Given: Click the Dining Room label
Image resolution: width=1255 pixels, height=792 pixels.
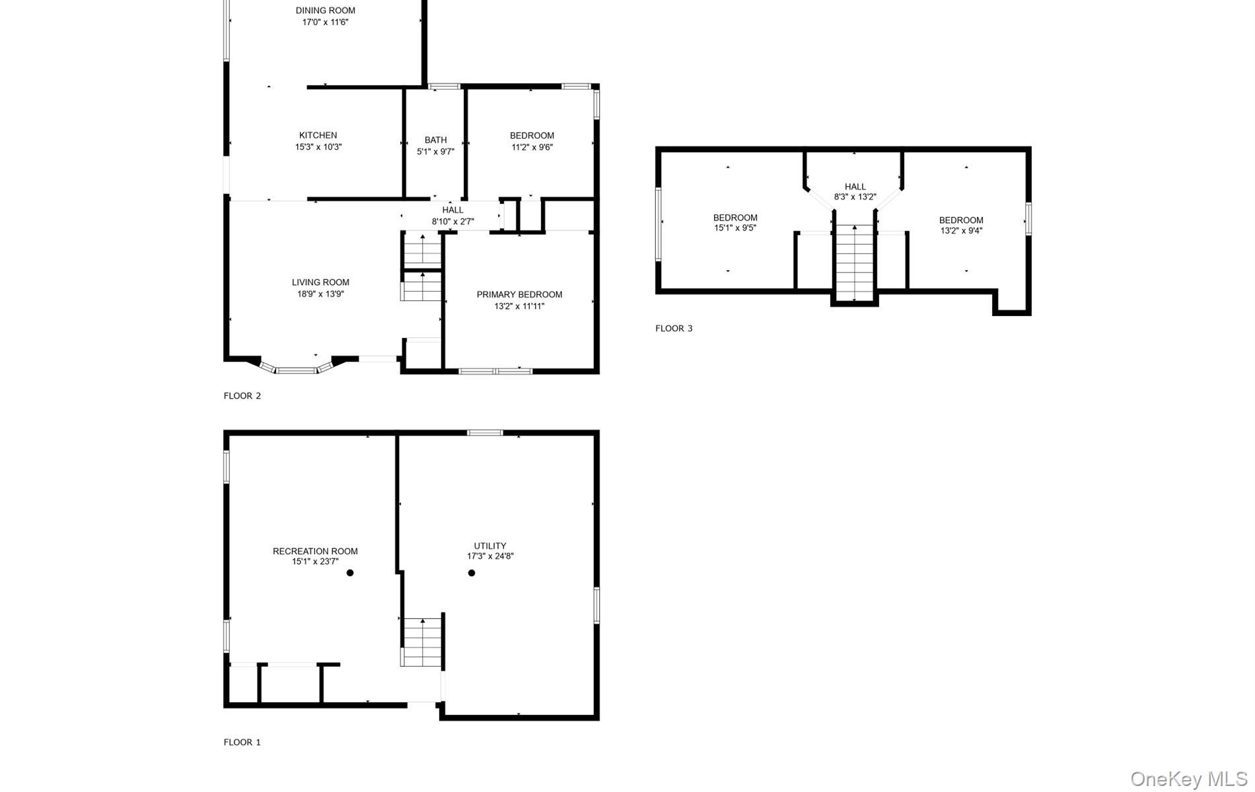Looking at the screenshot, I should (x=325, y=11).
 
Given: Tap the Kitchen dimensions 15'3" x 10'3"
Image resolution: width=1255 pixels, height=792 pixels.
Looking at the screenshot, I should (x=318, y=147).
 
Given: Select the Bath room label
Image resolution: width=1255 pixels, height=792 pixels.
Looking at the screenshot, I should (x=435, y=140).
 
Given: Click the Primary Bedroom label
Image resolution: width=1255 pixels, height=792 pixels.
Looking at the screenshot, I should (x=519, y=294).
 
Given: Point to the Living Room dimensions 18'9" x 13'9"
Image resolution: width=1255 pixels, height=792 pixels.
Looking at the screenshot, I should (x=320, y=294).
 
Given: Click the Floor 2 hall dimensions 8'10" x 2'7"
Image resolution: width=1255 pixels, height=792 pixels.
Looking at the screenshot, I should (x=452, y=222).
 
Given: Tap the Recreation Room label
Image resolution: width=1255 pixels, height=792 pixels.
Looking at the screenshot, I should (x=315, y=551).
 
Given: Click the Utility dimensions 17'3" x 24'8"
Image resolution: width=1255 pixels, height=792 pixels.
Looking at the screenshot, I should (x=489, y=556).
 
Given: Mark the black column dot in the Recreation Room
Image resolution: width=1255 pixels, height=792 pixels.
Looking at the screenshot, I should (x=350, y=573).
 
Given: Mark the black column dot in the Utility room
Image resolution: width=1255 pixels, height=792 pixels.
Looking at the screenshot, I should (x=471, y=573).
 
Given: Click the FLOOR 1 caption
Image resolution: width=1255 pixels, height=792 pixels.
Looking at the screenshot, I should (x=242, y=742).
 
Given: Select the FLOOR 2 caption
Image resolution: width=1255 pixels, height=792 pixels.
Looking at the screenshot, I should (x=242, y=396).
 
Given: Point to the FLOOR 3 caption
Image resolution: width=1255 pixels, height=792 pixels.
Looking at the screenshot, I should (x=674, y=328).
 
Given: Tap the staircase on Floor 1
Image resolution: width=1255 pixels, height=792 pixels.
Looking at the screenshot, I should (x=422, y=642).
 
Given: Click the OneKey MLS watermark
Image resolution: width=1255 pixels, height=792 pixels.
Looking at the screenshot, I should (x=1188, y=779).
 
